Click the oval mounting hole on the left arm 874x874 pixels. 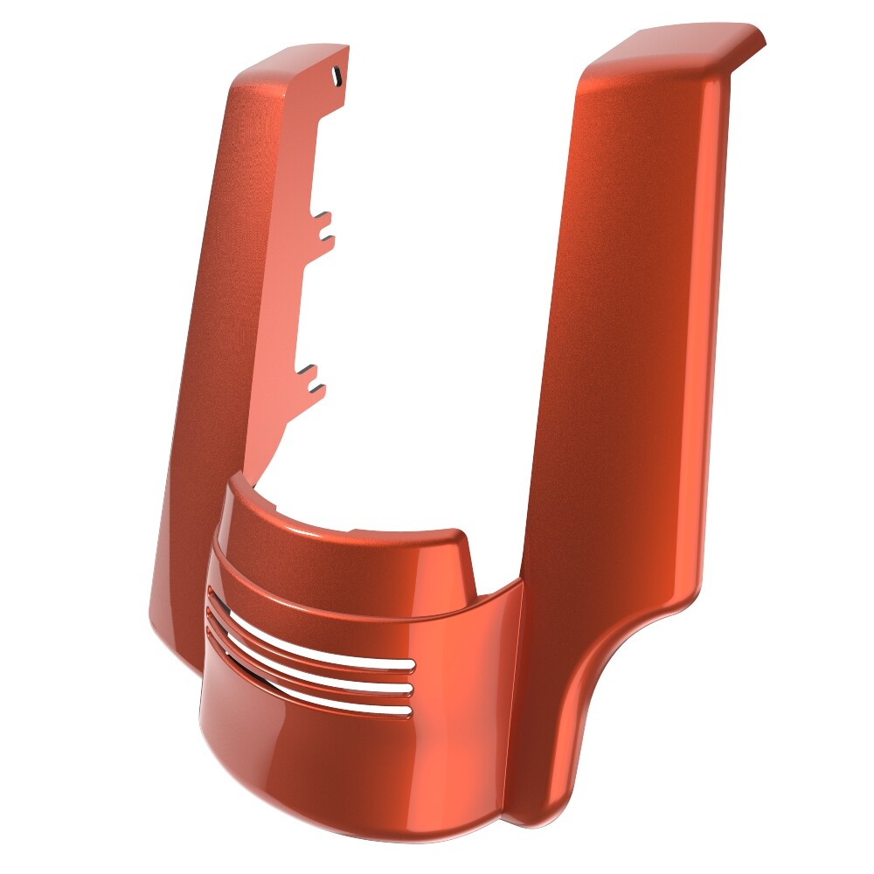pyautogui.click(x=335, y=77)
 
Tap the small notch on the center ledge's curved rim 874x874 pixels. pyautogui.click(x=358, y=530)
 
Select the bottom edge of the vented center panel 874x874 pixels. pyautogui.click(x=350, y=769)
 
